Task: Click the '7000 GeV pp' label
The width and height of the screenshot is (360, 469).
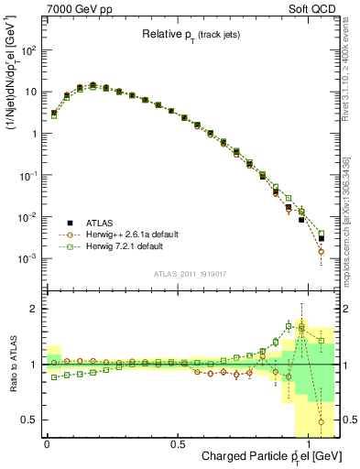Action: point(71,8)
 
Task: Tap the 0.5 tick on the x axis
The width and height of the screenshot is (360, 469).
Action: point(178,443)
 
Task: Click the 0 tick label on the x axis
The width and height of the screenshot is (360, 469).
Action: point(47,443)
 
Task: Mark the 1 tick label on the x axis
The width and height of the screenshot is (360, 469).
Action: point(308,443)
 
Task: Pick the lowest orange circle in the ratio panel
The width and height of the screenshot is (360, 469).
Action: point(321,422)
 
